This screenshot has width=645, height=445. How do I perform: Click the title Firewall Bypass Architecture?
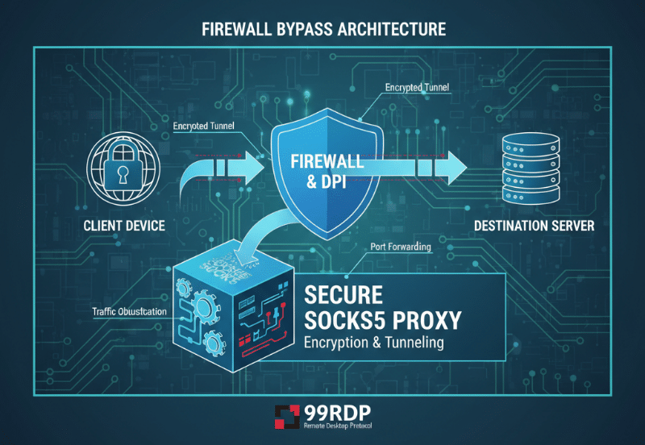(322, 30)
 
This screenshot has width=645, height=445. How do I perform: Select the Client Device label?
(124, 226)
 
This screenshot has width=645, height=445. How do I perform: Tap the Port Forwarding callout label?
(401, 247)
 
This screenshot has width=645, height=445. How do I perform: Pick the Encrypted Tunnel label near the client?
(207, 127)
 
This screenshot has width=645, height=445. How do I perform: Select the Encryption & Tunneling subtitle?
(374, 343)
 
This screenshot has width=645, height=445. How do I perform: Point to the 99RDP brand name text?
(331, 410)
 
